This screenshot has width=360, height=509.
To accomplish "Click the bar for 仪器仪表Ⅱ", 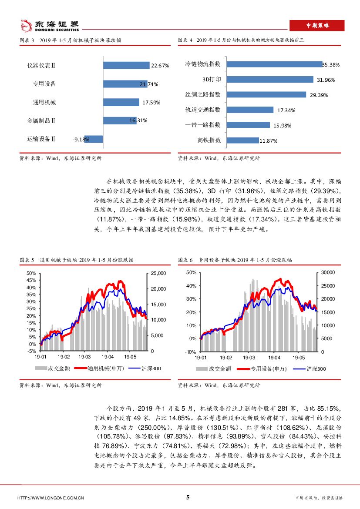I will tap(126, 65).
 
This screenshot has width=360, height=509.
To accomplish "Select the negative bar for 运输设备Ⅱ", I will tap(94, 139).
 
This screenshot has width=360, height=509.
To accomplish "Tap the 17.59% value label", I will tap(151, 103).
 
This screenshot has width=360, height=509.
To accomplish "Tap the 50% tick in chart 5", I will tap(31, 273).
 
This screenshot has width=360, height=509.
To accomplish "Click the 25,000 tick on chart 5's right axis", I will tap(158, 273).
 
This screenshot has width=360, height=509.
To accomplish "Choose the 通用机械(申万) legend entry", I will tap(100, 368).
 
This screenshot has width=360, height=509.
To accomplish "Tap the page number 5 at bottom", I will tap(188, 497).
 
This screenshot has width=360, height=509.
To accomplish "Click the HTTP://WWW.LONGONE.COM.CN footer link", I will tap(50, 498).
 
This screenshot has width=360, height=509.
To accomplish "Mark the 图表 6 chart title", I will tap(235, 260).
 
